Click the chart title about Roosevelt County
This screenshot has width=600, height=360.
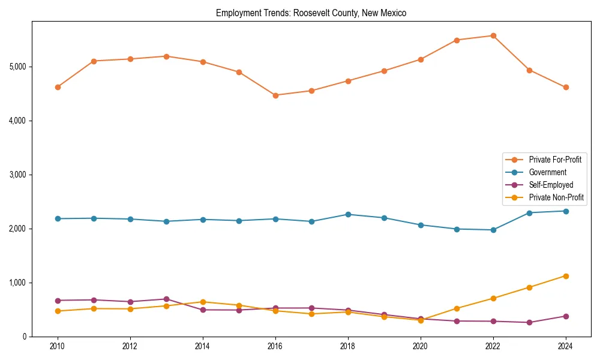(311, 13)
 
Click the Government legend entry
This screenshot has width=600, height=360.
(547, 172)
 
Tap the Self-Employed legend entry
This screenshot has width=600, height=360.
(551, 185)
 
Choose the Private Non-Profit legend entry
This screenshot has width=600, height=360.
(556, 197)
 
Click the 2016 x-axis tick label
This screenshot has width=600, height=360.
(275, 347)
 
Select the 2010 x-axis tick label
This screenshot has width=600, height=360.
(58, 347)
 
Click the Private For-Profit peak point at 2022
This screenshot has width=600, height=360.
(493, 36)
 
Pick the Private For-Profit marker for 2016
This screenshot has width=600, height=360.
(275, 95)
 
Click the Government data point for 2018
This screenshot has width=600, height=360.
(348, 214)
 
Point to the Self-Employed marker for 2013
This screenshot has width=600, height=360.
(166, 299)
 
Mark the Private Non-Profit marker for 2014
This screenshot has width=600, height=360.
(203, 302)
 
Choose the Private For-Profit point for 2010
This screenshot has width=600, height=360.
(58, 87)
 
